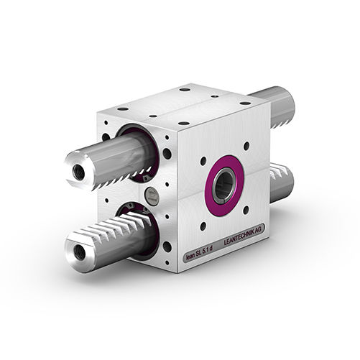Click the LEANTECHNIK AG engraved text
242,236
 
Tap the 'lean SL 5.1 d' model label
199,256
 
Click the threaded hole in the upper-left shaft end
78,172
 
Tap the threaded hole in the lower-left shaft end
79,252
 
